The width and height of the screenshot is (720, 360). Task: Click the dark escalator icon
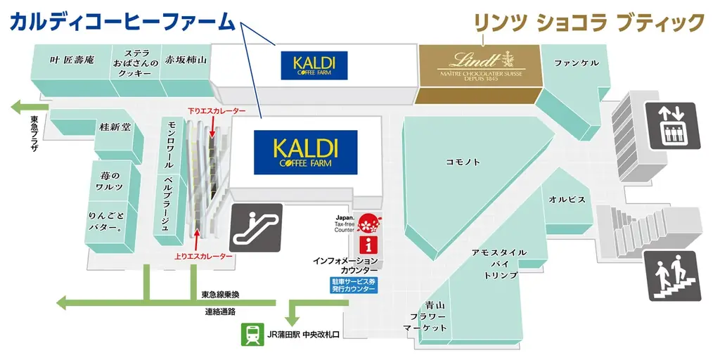[x=256, y=227]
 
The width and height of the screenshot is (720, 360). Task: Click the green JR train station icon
[x=251, y=335]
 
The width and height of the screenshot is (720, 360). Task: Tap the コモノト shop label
[x=463, y=162]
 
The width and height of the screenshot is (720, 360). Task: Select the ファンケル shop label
[x=577, y=63]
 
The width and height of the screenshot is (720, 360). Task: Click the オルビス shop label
[x=567, y=200]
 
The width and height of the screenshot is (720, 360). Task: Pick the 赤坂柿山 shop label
[x=186, y=60]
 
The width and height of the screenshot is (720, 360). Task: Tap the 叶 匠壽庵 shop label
[x=72, y=60]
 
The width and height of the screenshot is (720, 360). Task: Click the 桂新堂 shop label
[x=115, y=128]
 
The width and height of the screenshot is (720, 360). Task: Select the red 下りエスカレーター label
[x=216, y=111]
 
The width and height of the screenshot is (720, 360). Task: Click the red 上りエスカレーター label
[x=204, y=257]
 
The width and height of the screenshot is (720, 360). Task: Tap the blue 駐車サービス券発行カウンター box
[x=354, y=285]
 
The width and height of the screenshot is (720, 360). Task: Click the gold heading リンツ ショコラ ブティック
[x=588, y=22]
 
